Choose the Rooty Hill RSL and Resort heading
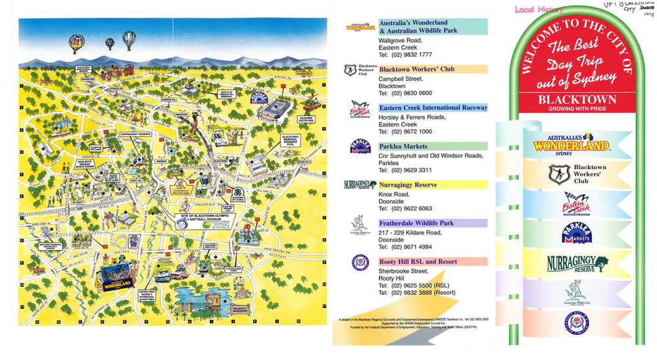[421, 261]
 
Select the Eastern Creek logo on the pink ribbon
[572, 205]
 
